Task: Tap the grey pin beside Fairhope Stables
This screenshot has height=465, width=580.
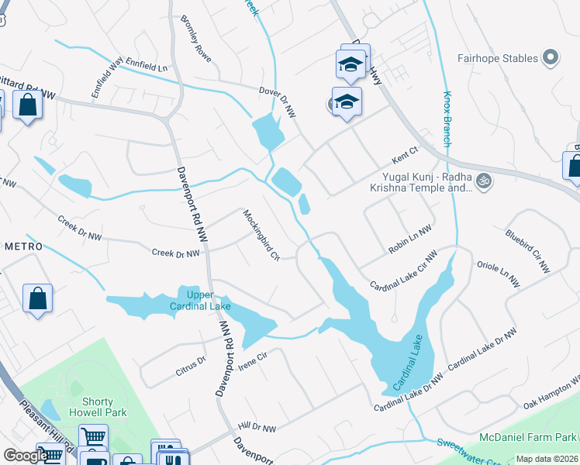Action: pos(551,57)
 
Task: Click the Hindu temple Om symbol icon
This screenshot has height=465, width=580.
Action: pos(484,181)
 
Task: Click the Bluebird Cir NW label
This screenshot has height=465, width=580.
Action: pos(526,250)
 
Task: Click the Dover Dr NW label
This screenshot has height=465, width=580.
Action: pos(277,102)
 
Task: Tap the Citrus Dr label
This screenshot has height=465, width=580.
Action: pos(191,367)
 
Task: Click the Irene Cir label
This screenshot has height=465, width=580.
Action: pos(252,360)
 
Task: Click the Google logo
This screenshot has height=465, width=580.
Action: pos(25,456)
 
